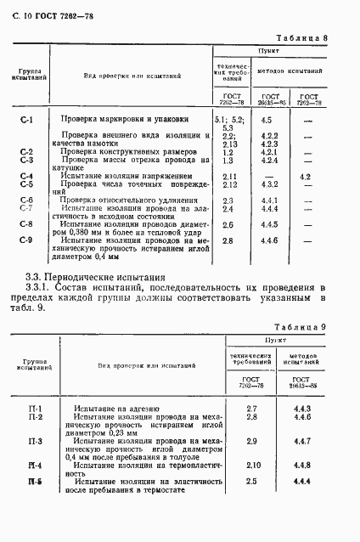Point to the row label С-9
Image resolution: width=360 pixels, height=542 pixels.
[x=26, y=241]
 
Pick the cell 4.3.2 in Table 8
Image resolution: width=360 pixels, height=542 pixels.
[x=270, y=184]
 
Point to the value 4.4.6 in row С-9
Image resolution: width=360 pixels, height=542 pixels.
[x=270, y=241]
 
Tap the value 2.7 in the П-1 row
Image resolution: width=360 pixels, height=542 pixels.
[x=251, y=409]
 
